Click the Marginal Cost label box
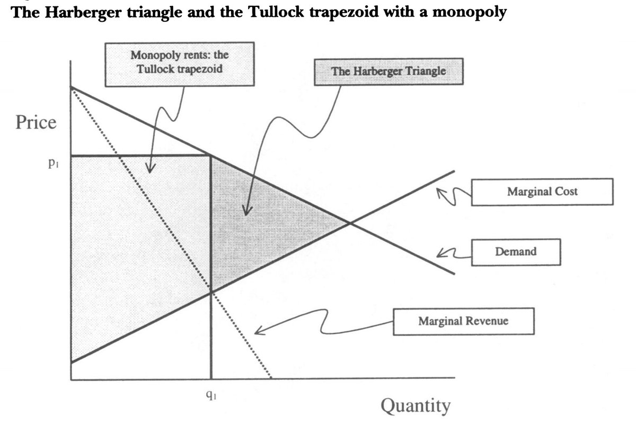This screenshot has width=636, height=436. coord(542,192)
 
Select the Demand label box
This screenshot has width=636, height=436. coord(515,252)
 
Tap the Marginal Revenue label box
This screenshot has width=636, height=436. coord(463,321)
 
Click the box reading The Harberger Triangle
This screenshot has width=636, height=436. coord(388,71)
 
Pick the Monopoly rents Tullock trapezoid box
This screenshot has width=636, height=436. coord(179,63)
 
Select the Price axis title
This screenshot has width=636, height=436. coord(36,123)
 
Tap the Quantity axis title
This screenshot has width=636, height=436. coord(416,406)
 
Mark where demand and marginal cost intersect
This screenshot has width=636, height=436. coord(349,223)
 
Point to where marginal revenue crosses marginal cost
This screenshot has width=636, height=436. coord(211,292)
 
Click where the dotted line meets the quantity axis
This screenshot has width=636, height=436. coord(271,377)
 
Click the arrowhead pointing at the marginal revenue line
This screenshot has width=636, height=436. coord(257,332)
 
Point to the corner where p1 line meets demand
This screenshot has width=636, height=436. coord(211,156)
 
